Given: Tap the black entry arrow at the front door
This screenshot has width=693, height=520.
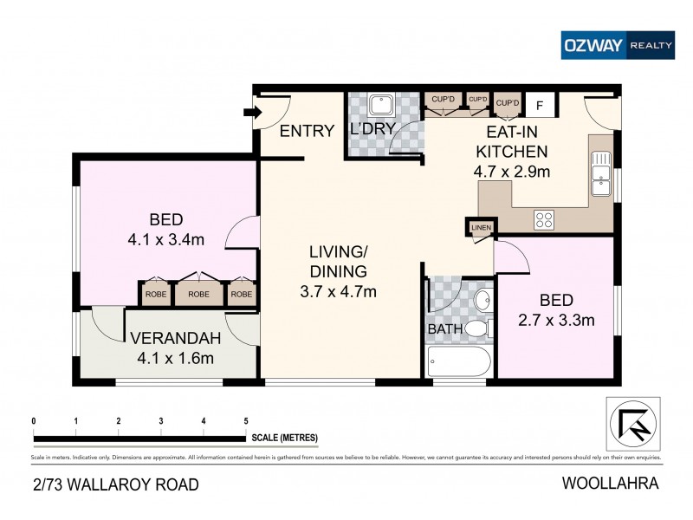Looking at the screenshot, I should pyautogui.click(x=251, y=112).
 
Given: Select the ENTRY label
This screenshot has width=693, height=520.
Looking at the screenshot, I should pyautogui.click(x=307, y=132).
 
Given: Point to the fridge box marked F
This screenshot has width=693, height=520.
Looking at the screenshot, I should pyautogui.click(x=540, y=106).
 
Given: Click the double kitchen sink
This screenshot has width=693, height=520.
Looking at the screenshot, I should pyautogui.click(x=599, y=172).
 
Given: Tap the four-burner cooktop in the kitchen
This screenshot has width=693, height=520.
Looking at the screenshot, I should pyautogui.click(x=543, y=220).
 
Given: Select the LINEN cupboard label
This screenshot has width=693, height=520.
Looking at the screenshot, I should pyautogui.click(x=480, y=228).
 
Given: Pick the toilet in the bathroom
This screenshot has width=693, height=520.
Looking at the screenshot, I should pyautogui.click(x=477, y=329).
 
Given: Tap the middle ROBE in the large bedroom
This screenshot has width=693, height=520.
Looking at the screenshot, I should pyautogui.click(x=198, y=294).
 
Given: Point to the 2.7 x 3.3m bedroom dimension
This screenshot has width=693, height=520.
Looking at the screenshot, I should pyautogui.click(x=555, y=320).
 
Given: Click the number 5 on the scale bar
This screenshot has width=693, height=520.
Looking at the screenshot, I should pyautogui.click(x=246, y=421).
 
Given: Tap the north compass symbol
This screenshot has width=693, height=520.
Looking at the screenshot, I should pyautogui.click(x=631, y=423).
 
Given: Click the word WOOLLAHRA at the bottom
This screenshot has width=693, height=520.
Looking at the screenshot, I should pyautogui.click(x=612, y=484).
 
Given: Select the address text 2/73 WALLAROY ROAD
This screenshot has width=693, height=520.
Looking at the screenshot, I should pyautogui.click(x=114, y=484).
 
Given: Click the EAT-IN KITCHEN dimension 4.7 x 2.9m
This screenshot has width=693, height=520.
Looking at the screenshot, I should pyautogui.click(x=512, y=172).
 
